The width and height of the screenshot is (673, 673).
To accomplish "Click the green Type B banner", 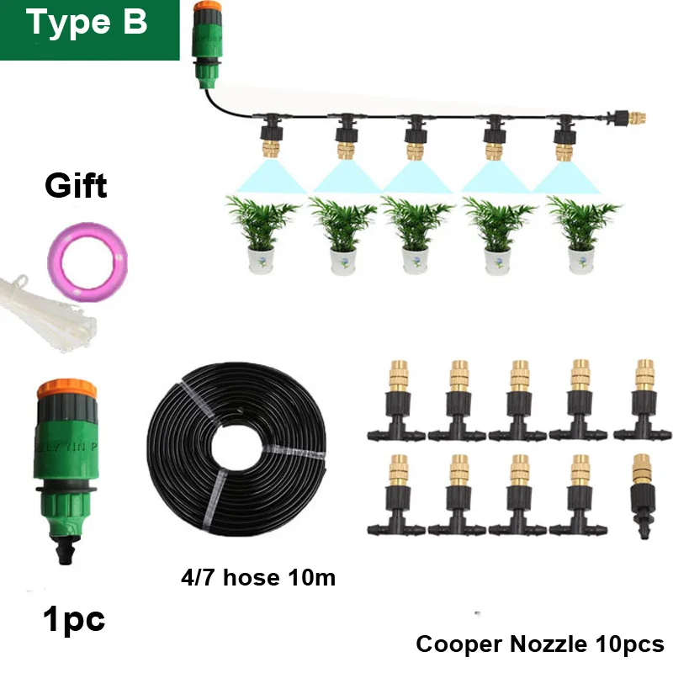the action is [89, 29].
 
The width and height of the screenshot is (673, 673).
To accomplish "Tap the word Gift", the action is [76, 186].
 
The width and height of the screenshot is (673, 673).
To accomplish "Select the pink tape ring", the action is [87, 261].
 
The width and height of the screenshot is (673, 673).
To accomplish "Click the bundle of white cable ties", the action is [47, 313].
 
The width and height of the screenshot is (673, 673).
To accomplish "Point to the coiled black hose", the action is [236, 448].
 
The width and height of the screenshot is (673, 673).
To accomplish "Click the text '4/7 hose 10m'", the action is [258, 577].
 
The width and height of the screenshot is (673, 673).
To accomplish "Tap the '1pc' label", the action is [74, 620].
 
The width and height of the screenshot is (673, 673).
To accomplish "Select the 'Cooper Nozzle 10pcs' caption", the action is [540, 644].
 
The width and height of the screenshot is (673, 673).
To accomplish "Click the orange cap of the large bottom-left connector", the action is [66, 389].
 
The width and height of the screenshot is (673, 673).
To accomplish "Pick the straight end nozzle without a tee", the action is [643, 495].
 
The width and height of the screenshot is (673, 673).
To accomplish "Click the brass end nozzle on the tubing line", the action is [637, 118].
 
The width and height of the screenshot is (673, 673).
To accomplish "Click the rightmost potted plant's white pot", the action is [581, 261].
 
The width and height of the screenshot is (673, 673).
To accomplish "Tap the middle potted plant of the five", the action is [416, 235].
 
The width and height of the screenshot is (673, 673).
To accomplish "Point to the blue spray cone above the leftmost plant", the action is [270, 176].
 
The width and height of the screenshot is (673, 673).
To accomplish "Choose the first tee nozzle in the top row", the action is [396, 400].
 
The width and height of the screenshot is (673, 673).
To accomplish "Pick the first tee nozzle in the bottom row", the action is [396, 495].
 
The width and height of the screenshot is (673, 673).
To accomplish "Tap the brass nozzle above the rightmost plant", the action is [564, 151].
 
